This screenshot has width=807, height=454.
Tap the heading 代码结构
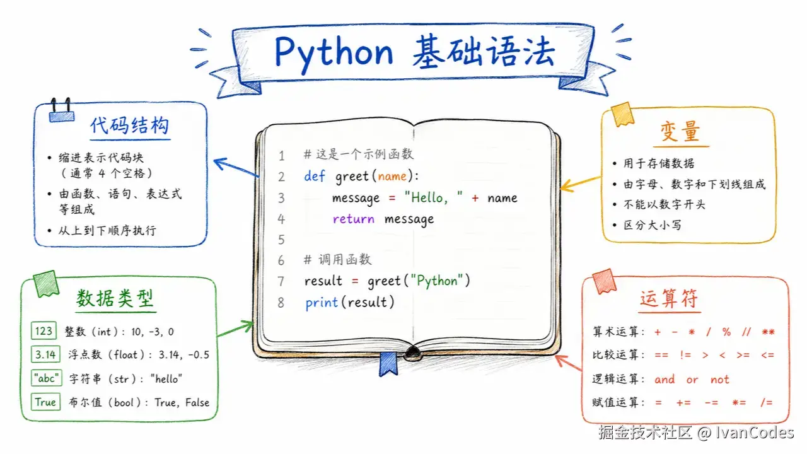130,125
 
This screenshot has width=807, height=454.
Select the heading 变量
680,132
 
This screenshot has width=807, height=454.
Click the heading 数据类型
115,298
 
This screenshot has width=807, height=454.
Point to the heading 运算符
669,298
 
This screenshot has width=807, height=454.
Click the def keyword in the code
315,176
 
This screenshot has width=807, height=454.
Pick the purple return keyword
354,219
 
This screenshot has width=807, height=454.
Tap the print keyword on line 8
322,303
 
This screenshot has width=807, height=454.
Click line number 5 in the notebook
281,240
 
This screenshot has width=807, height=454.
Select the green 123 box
44,331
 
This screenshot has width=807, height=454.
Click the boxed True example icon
45,402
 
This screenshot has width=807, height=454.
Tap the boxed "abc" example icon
47,378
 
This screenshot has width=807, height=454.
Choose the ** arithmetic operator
768,332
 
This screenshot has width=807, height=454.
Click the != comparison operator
685,355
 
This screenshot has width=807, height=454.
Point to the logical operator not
719,379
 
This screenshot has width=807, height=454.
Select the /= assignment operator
766,402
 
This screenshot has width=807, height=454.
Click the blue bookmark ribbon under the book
388,364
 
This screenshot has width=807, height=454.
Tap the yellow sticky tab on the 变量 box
622,114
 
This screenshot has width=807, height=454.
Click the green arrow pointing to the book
236,329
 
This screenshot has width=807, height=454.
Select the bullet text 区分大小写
653,225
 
